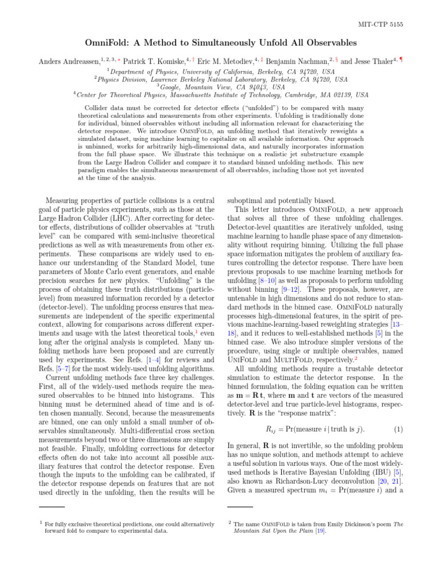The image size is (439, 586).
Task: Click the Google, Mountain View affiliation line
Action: [x=219, y=88]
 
